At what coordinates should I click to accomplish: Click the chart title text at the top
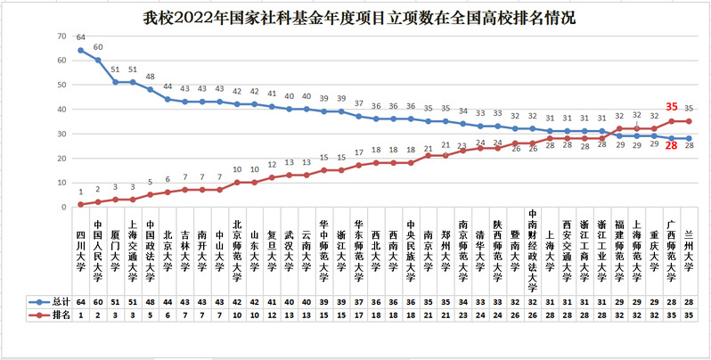pos(355,16)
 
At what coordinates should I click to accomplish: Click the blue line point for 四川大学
pos(81,50)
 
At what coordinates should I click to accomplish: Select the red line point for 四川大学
pos(81,204)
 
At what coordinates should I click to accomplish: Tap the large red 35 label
pos(672,106)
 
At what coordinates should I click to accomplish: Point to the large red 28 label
pos(672,146)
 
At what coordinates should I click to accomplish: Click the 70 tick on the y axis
pos(61,36)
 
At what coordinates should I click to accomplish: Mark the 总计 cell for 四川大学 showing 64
pos(81,302)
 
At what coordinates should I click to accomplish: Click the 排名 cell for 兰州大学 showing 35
pos(689,314)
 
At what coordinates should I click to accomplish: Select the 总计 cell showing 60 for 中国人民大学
pos(98,302)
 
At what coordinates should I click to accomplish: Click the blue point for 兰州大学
pos(689,138)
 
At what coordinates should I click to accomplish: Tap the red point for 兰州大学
pos(689,121)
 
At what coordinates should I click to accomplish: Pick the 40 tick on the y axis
pos(61,109)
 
